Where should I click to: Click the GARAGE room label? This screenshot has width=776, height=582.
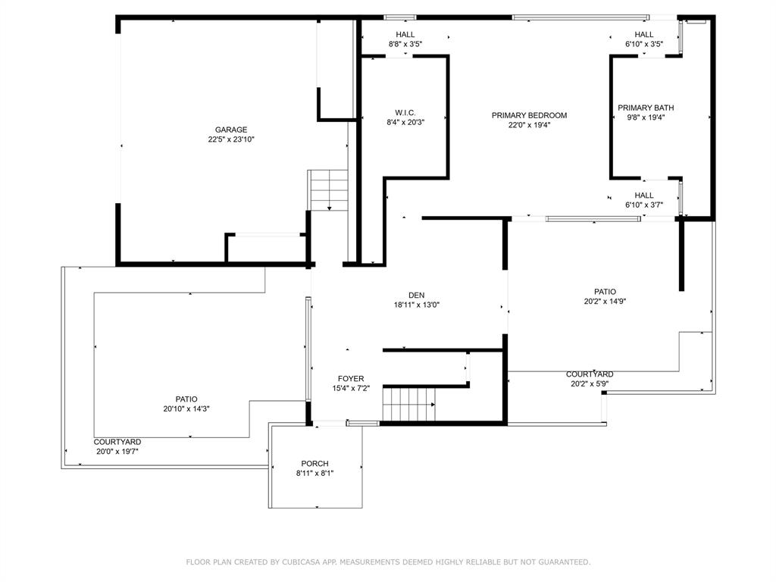tap(231, 130)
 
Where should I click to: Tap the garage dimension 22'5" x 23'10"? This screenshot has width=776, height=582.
tap(231, 139)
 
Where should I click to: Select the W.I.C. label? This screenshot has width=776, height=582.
tap(405, 113)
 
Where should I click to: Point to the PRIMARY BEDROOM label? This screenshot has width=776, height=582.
tap(529, 115)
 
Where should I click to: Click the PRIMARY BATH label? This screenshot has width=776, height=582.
tap(646, 108)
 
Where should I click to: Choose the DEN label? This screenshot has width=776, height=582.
tap(416, 296)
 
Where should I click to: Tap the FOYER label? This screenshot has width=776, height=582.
tap(351, 379)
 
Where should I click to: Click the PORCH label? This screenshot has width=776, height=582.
tap(314, 464)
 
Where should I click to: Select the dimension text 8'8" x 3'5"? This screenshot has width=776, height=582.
tap(405, 44)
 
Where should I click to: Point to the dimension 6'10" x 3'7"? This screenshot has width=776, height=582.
tap(644, 205)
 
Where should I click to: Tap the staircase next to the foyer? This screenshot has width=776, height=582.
tap(409, 405)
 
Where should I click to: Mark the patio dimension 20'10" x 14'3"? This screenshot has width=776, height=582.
tap(186, 408)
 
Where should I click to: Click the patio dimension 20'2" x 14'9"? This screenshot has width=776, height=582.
tap(605, 302)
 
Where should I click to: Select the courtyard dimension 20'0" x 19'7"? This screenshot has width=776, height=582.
tap(117, 452)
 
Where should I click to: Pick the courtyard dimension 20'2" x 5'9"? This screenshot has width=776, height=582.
tap(590, 383)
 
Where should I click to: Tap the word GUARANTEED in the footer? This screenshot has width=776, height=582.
tap(564, 562)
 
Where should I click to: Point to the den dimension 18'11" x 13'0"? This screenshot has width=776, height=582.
tap(416, 305)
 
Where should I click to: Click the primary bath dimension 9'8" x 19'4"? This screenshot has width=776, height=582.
tap(646, 117)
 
